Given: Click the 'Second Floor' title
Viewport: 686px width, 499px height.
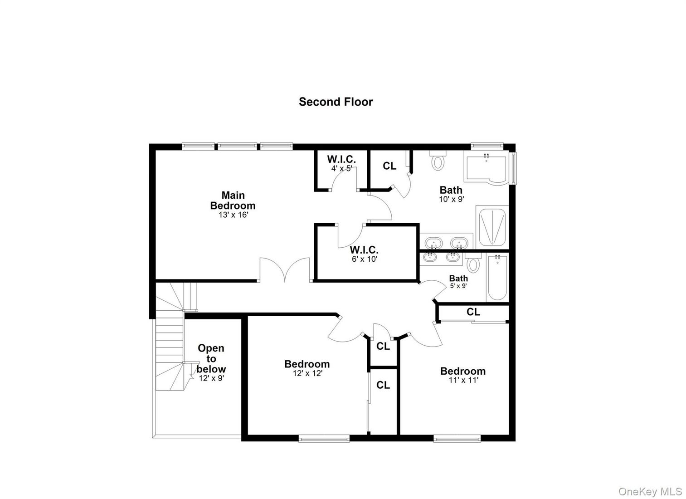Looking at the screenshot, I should (336, 102).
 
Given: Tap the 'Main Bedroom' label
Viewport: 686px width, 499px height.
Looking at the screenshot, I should (233, 201).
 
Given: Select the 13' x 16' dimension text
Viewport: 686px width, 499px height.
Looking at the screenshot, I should (233, 215).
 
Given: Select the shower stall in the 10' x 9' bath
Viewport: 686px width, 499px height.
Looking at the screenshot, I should (491, 226).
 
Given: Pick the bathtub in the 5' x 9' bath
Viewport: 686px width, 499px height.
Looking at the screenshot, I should (497, 277).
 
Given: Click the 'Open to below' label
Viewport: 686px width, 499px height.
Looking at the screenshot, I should (211, 358).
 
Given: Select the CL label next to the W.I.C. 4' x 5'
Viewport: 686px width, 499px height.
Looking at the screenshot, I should (389, 166).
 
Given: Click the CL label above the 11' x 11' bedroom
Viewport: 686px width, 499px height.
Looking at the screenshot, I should (473, 312).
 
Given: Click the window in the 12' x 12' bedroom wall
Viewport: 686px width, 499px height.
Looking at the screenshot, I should (324, 438).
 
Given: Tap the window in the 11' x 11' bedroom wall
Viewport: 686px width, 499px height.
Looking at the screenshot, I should (457, 438).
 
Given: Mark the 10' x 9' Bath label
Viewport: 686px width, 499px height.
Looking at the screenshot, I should (451, 190).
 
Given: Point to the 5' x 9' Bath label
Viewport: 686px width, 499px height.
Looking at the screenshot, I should (458, 279).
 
